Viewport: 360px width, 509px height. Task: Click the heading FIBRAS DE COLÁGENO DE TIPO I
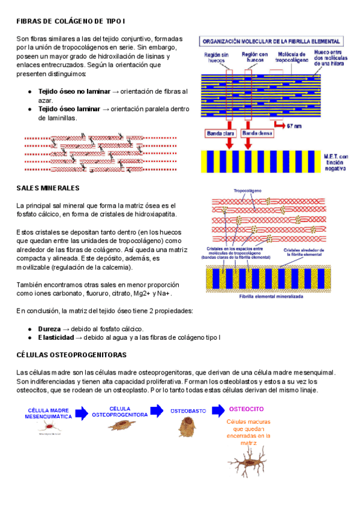click(71, 22)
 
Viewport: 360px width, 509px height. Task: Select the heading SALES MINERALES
click(48, 188)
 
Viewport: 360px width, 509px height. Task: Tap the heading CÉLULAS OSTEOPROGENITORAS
click(71, 355)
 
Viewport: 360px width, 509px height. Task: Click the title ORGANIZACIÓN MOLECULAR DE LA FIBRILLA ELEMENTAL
click(272, 42)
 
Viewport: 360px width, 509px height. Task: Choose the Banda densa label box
click(257, 134)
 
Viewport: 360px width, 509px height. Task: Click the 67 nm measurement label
click(294, 126)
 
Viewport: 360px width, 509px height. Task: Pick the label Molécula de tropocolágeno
click(290, 58)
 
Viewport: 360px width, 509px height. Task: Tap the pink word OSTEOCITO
click(246, 409)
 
